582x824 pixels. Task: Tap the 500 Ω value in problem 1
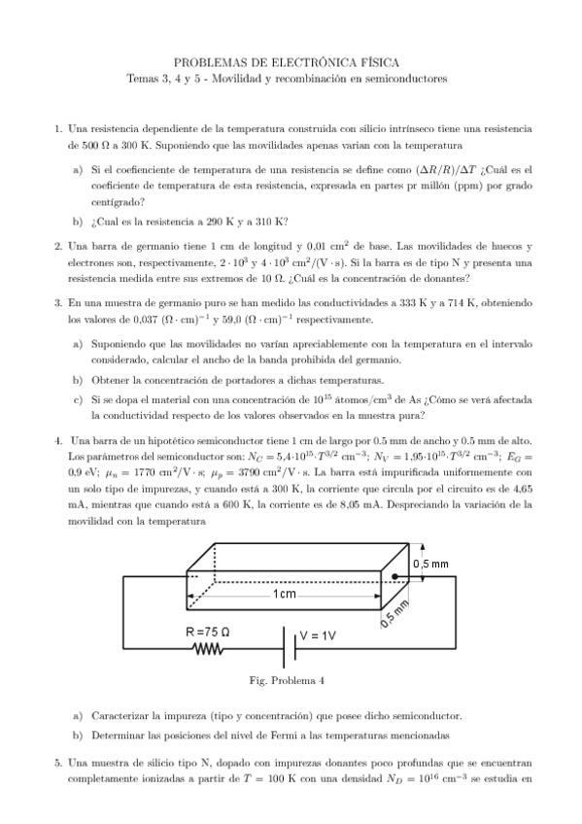90,145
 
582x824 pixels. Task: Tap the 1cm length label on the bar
285,594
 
